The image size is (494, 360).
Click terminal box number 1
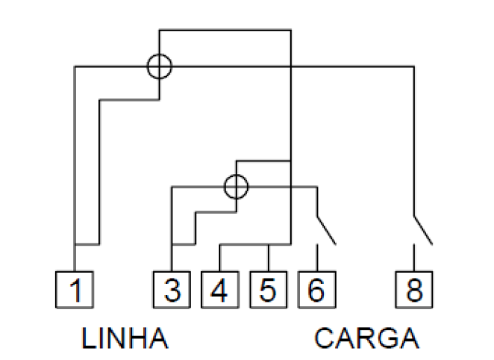(75, 289)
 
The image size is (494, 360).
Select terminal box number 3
(172, 289)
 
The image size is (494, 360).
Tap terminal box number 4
(220, 289)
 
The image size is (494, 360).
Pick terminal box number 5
(269, 289)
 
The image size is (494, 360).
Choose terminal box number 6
(317, 289)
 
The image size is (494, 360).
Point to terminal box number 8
(414, 289)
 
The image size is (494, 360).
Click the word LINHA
(125, 338)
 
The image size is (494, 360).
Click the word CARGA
(366, 338)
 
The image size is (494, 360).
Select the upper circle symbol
(160, 55)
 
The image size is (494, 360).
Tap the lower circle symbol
(237, 176)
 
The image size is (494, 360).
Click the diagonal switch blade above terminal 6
(326, 231)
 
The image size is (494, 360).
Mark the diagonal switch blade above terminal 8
(423, 231)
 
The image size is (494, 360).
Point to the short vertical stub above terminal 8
(414, 257)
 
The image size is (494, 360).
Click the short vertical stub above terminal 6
(317, 257)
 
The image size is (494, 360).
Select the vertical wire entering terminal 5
(269, 258)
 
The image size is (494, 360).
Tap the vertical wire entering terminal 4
(220, 258)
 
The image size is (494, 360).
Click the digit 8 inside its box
(414, 290)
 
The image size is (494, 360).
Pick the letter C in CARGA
(325, 338)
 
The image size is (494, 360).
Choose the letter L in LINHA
(88, 338)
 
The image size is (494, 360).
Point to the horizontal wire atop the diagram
(225, 31)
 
